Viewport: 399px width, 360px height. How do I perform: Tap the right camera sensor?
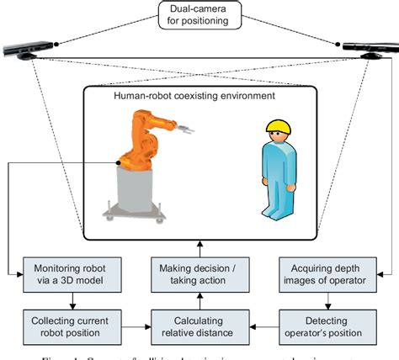tap(371, 49)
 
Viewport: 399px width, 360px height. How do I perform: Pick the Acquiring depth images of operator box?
tap(324, 273)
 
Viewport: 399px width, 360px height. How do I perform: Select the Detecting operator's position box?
tap(324, 325)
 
